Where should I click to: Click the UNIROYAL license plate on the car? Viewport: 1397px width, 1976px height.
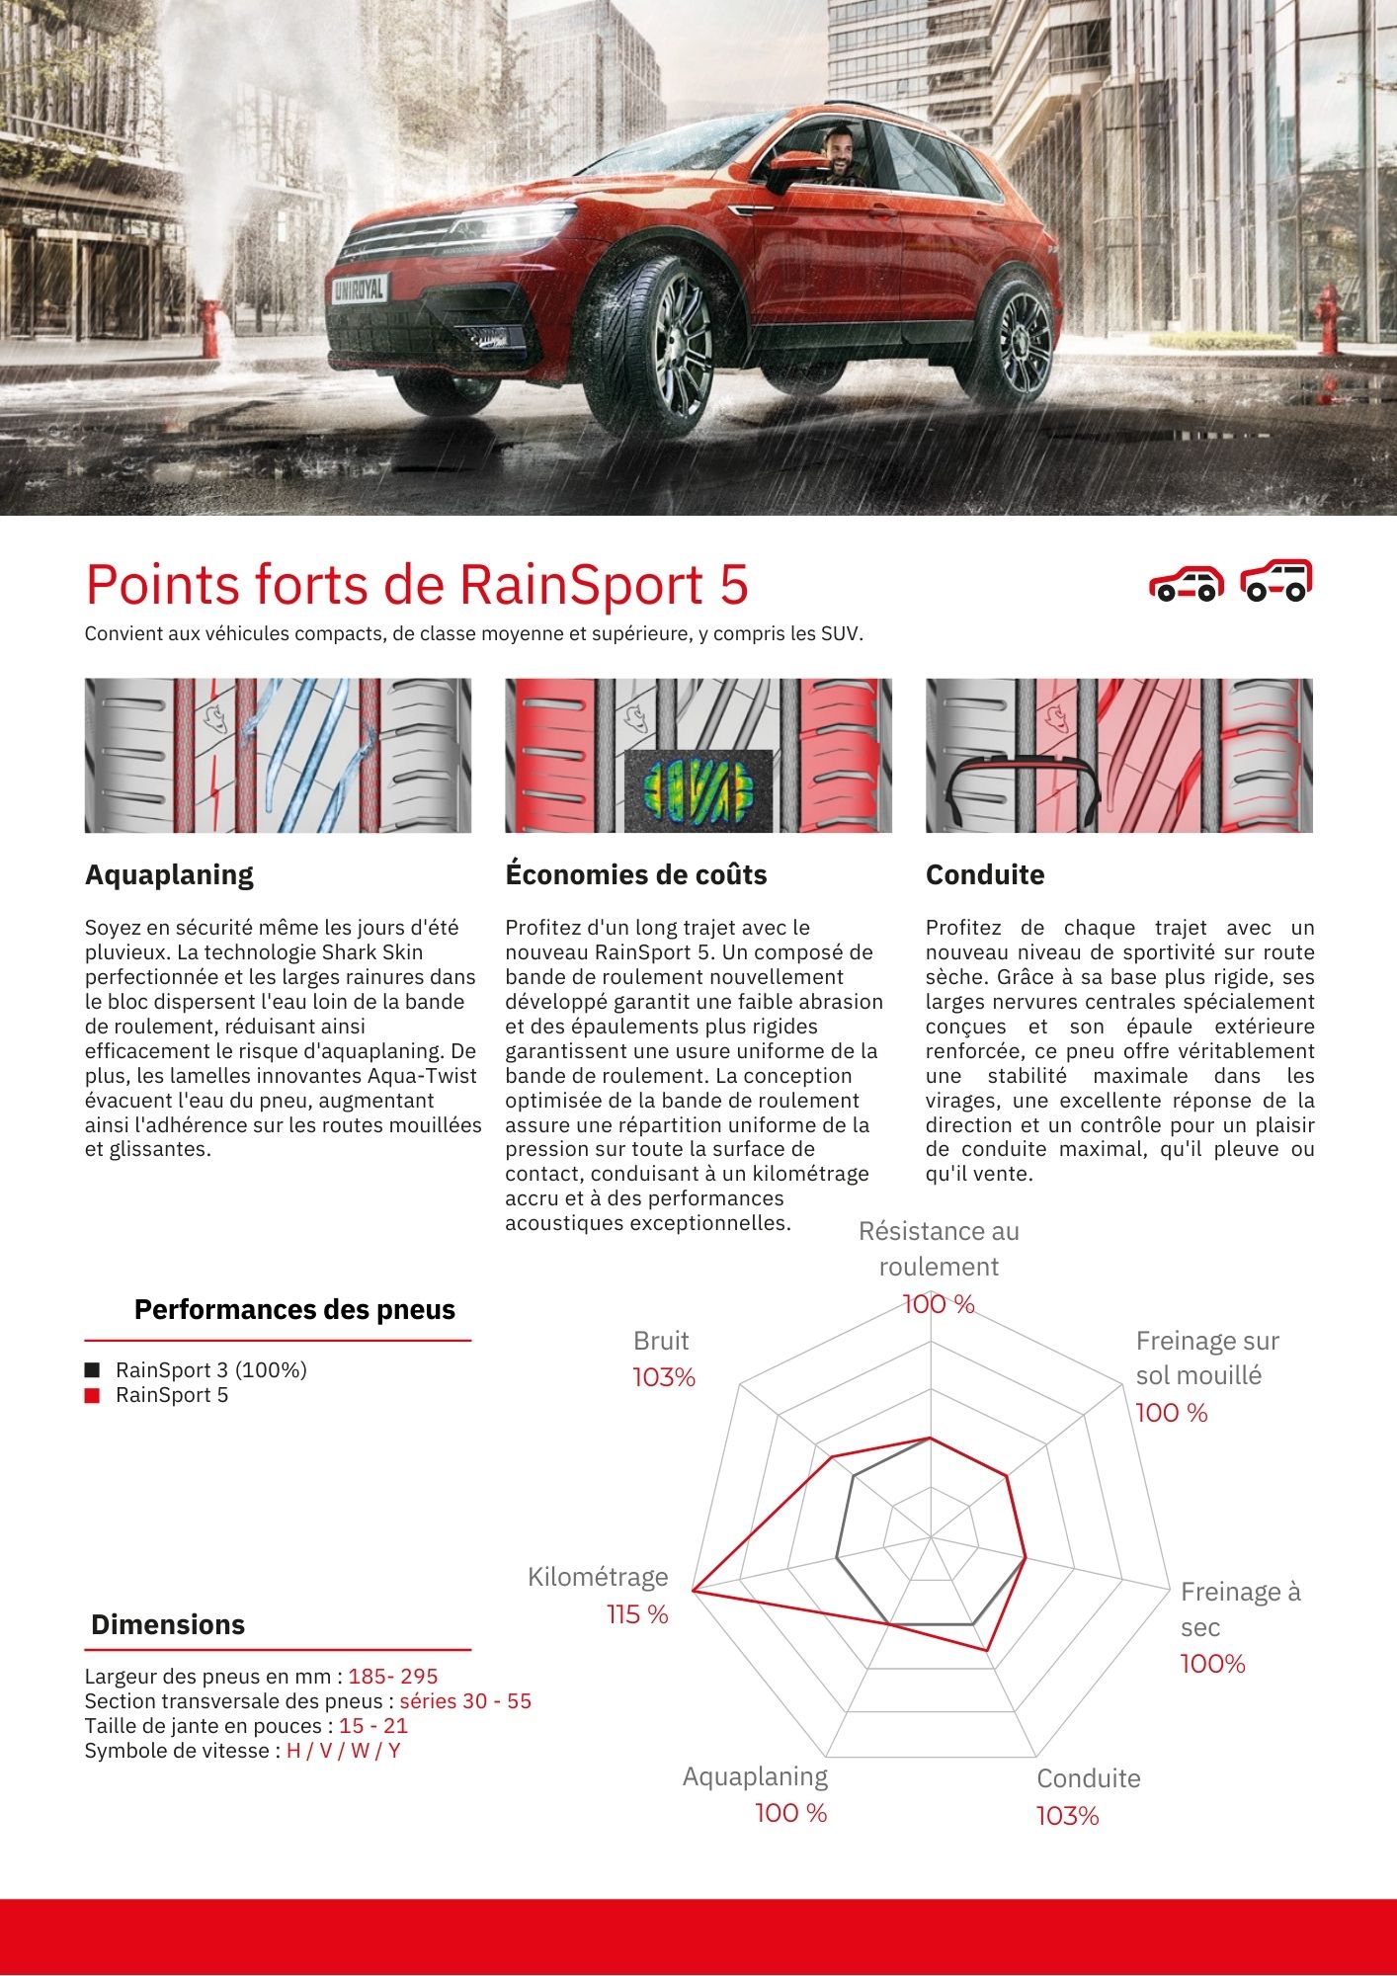tap(360, 288)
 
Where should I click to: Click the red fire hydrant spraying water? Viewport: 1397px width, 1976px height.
tap(210, 327)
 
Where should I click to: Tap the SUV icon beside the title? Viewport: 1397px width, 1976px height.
tap(1276, 581)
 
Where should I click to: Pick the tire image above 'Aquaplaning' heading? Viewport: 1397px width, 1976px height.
tap(278, 755)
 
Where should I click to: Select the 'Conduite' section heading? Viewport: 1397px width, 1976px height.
tap(984, 874)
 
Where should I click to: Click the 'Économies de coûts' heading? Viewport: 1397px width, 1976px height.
tap(635, 874)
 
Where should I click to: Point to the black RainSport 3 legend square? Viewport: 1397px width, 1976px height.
tap(93, 1370)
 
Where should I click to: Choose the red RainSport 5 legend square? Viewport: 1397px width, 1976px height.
tap(93, 1395)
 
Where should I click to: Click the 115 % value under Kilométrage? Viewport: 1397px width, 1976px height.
tap(637, 1614)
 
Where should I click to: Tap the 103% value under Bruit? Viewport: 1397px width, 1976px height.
tap(664, 1377)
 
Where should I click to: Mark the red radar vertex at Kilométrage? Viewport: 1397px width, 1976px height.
tap(694, 1591)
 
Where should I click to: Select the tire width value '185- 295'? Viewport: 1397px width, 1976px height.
tap(392, 1677)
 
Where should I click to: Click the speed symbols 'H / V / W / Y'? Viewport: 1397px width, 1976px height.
tap(343, 1751)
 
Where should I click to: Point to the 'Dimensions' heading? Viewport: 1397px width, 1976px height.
tap(168, 1624)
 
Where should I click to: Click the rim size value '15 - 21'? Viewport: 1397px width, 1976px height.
tap(372, 1726)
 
